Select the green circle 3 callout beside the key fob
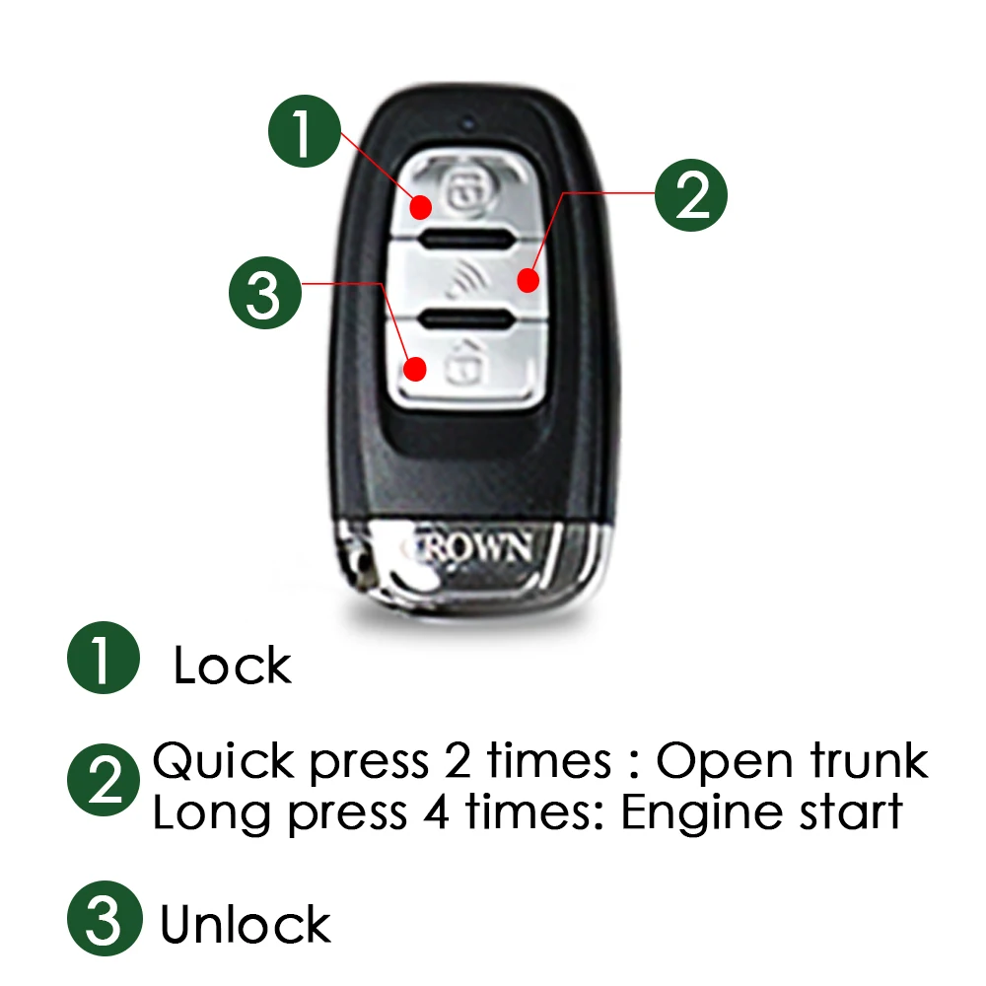[x=264, y=293]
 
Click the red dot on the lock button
[x=420, y=207]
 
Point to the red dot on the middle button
[x=529, y=283]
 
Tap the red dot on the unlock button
[x=416, y=371]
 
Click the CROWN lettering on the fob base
[x=478, y=546]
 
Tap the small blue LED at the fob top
[x=469, y=126]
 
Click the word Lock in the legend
[x=233, y=666]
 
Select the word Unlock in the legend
[x=246, y=925]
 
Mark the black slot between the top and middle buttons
[x=464, y=239]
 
